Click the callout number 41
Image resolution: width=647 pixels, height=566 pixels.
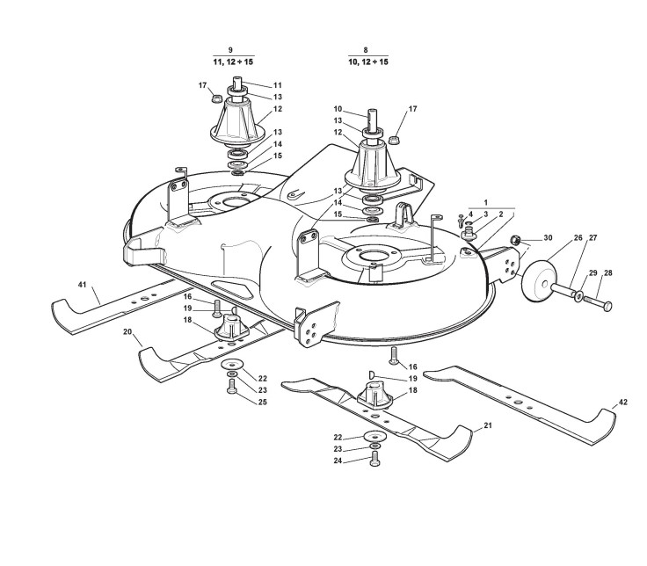(x=83, y=285)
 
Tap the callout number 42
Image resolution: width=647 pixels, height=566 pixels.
(x=623, y=402)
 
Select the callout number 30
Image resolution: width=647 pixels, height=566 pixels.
(x=548, y=238)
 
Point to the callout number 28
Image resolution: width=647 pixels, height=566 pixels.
(x=608, y=272)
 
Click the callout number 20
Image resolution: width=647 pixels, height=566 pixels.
(x=127, y=331)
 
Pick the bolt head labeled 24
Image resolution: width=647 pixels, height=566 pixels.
(x=374, y=460)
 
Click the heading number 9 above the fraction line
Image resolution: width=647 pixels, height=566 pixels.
(x=230, y=50)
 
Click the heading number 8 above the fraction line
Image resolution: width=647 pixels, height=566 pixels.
(x=365, y=50)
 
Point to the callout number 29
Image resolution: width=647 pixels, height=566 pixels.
(x=593, y=273)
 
